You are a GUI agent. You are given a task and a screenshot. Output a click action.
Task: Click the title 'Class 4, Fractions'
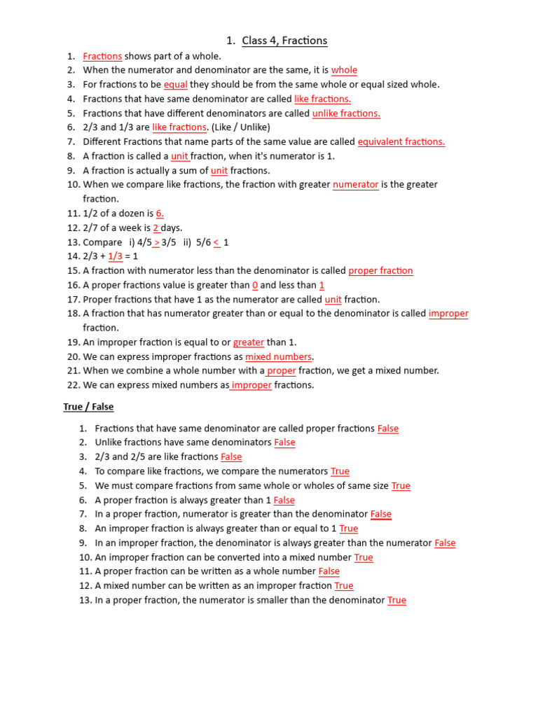(284, 41)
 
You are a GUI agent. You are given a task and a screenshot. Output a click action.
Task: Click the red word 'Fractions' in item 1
(102, 56)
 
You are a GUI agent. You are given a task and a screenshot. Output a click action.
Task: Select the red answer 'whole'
(344, 70)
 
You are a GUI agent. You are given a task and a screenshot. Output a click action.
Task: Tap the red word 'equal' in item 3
(175, 85)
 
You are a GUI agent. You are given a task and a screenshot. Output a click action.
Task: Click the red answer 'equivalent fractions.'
(401, 142)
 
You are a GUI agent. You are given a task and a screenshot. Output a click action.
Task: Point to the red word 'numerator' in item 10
(355, 185)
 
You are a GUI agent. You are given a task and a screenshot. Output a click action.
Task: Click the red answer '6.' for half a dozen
(160, 214)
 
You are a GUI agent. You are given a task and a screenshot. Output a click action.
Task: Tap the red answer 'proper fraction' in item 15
(380, 271)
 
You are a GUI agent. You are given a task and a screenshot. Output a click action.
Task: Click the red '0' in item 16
(255, 285)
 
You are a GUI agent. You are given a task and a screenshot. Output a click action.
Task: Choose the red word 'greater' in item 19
(249, 342)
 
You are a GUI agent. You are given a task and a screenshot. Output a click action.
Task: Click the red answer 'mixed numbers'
(278, 357)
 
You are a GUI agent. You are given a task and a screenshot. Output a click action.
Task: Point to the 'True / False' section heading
(88, 407)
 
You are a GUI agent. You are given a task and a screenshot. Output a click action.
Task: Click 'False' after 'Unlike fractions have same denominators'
(284, 443)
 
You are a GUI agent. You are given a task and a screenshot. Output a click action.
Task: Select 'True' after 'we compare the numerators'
(340, 471)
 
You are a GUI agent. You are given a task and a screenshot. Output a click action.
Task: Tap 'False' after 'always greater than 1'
(284, 500)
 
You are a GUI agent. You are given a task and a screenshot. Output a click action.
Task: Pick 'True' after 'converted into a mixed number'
(364, 557)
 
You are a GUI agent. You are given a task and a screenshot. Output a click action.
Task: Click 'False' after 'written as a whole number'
(329, 571)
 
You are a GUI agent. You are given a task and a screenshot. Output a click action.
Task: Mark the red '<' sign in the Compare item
(216, 242)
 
